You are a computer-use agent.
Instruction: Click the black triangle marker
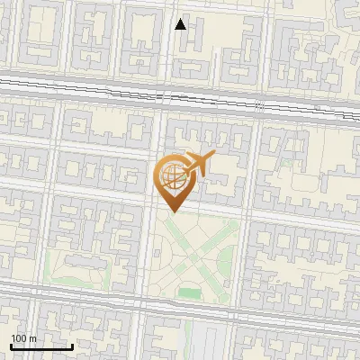[181, 24]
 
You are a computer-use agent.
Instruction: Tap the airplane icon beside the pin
[198, 165]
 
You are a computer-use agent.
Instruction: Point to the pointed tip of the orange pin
[171, 212]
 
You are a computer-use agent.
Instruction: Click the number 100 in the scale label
[20, 338]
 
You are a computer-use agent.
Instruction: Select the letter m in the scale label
[33, 338]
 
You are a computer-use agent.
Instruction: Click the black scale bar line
[41, 346]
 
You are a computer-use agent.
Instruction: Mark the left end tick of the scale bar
[11, 345]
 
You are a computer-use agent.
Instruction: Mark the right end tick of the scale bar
[72, 345]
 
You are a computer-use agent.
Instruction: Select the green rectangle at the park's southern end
[189, 293]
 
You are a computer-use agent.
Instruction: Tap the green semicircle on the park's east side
[224, 261]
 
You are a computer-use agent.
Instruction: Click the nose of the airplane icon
[214, 156]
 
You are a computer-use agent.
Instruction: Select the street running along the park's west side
[147, 261]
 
